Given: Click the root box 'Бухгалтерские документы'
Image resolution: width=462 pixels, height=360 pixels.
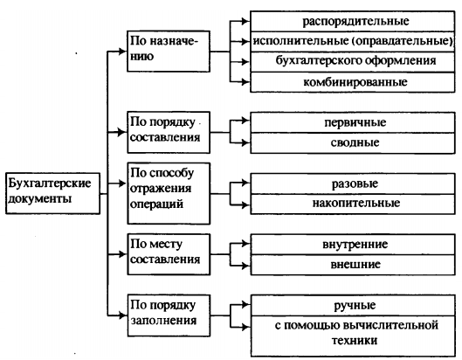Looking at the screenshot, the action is (x=52, y=193).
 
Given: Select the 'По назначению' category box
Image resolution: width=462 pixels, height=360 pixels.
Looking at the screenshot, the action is (x=169, y=51).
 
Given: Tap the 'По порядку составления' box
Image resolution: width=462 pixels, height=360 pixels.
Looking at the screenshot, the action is (x=169, y=132).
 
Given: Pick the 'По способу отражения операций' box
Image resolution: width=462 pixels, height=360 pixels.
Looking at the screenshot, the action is (x=169, y=193).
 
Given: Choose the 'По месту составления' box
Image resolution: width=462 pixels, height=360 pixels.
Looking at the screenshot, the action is (x=169, y=254).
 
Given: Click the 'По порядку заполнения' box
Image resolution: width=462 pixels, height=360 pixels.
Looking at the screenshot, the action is (x=169, y=315).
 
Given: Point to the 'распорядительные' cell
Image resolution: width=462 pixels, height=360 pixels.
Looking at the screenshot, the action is (x=352, y=21).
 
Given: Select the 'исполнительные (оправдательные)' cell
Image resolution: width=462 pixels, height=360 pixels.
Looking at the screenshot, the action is (x=352, y=42).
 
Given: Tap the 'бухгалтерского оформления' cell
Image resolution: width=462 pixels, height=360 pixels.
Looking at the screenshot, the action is (x=352, y=62).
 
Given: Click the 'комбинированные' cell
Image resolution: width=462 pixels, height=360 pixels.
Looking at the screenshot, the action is (x=352, y=82).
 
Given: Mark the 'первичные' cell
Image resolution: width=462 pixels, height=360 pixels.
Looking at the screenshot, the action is (x=353, y=122).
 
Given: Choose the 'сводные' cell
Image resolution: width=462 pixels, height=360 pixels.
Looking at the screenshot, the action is (x=353, y=143).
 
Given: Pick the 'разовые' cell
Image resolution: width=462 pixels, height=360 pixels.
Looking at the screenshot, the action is (x=353, y=183).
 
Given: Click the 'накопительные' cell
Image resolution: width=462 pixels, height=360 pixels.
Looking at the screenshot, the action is (x=353, y=204).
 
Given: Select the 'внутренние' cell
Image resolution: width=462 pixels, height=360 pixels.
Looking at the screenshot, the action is (x=353, y=245).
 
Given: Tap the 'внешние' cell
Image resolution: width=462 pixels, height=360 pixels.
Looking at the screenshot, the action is (x=353, y=265).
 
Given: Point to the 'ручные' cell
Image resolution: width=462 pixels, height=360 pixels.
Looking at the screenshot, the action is (x=353, y=306).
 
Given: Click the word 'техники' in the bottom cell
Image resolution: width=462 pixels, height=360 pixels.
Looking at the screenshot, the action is (x=355, y=341).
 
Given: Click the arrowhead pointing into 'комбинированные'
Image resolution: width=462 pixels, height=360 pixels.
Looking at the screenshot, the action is (x=245, y=81).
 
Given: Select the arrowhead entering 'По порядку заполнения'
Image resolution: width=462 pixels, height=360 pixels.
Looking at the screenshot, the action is (x=122, y=315).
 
